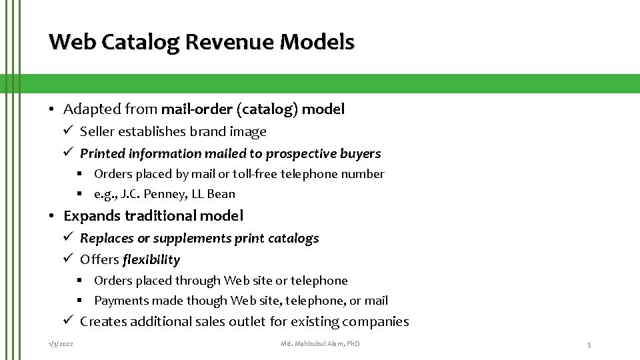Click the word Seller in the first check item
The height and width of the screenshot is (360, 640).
tap(98, 131)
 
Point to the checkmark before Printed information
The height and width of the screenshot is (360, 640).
tap(68, 153)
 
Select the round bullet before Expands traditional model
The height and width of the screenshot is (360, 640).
tap(51, 216)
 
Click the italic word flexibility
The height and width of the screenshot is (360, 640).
tap(151, 259)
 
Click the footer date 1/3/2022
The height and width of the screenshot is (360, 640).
tap(61, 344)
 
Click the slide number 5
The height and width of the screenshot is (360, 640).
tap(589, 344)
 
